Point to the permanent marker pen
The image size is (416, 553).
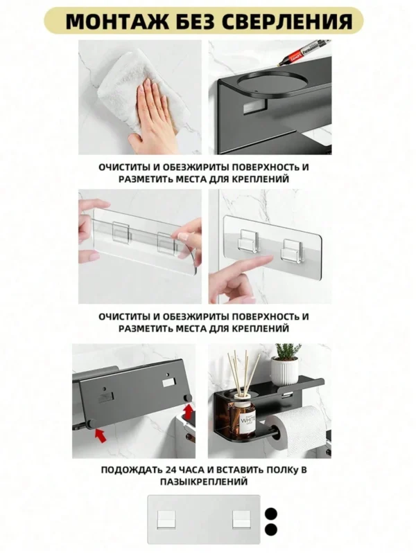click(304, 52)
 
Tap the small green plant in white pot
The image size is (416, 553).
click(285, 364)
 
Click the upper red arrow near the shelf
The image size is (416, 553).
click(189, 412)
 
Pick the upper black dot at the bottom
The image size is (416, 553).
click(270, 514)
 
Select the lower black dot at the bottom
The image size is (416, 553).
click(270, 529)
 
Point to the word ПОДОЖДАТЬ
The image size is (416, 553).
click(132, 470)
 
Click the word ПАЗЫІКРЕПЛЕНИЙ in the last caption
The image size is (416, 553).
click(204, 482)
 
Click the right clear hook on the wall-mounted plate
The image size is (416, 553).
click(293, 251)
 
